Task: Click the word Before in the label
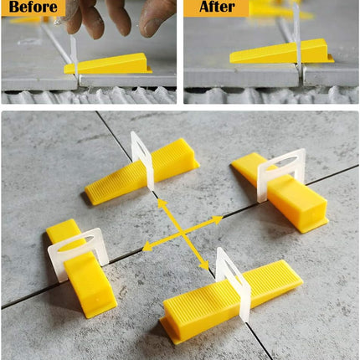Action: [x=33, y=7]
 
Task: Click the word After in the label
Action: [x=217, y=7]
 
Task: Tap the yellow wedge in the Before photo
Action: [x=108, y=64]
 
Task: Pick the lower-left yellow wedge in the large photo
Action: [x=81, y=268]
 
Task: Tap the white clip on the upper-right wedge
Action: [x=280, y=174]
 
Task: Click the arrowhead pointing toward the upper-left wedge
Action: [x=162, y=203]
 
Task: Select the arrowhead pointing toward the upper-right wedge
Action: [x=217, y=220]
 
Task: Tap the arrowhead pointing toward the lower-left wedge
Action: [x=147, y=247]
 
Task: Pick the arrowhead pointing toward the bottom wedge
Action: [x=204, y=265]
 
